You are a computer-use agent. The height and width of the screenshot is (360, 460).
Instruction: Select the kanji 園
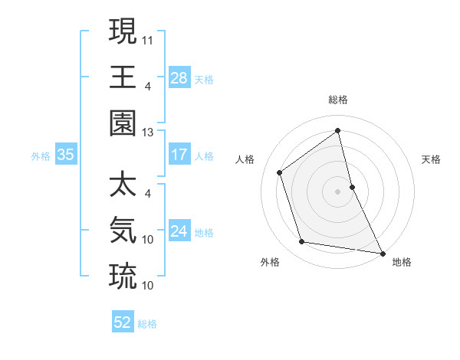123,123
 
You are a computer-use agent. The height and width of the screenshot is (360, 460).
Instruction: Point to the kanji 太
123,185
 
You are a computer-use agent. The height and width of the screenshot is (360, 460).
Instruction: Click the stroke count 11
148,38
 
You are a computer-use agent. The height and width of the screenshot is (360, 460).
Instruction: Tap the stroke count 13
148,132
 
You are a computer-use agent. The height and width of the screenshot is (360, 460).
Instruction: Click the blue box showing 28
179,77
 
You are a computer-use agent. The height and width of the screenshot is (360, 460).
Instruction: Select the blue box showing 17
179,155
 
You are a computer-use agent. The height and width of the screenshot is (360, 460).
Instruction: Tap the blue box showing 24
179,231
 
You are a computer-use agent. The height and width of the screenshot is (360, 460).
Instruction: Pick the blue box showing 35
65,155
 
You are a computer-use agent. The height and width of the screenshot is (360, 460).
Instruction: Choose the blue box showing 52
123,322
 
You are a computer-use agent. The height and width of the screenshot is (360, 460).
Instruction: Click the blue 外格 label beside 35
41,156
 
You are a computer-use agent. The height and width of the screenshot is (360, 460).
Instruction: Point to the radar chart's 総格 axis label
338,100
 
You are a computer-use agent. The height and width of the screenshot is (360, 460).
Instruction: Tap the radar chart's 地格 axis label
402,262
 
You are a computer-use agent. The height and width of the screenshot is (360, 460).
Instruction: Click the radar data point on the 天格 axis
352,186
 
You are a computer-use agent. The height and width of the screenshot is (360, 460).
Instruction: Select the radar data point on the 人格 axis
280,172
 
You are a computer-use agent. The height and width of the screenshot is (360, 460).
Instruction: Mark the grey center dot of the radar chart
338,191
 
